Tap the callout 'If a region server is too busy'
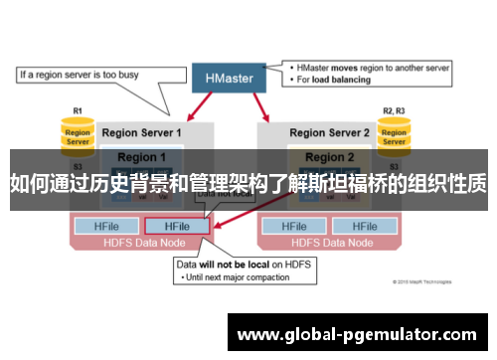pyautogui.click(x=80, y=73)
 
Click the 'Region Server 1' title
pyautogui.click(x=142, y=132)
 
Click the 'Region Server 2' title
pyautogui.click(x=330, y=132)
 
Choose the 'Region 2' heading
pyautogui.click(x=329, y=157)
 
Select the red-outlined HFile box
pyautogui.click(x=177, y=226)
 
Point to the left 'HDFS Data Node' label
pyautogui.click(x=142, y=242)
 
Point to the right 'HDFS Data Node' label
pyautogui.click(x=329, y=242)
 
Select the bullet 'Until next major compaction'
pyautogui.click(x=238, y=277)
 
